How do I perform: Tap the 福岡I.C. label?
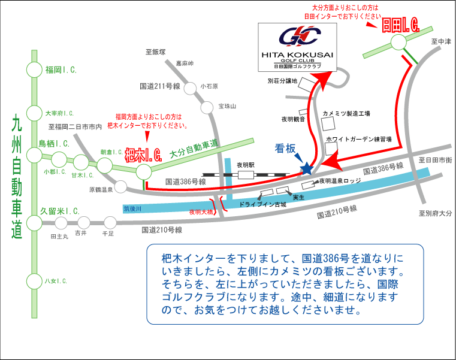[x=61, y=70]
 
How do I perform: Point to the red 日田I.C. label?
[x=400, y=25]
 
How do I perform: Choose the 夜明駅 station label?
[x=246, y=164]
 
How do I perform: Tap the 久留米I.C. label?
[x=60, y=211]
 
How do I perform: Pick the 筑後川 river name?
[x=132, y=209]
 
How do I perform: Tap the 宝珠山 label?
[x=228, y=106]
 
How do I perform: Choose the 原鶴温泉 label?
[x=100, y=189]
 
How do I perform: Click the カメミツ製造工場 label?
[x=346, y=113]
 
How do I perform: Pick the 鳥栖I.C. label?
[x=54, y=144]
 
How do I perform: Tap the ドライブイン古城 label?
[x=262, y=204]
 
